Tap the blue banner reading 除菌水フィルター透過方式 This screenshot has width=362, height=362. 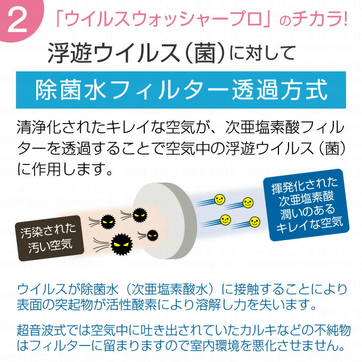181,90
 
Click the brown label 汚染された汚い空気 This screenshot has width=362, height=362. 49,238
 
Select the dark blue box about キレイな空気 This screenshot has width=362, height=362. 307,205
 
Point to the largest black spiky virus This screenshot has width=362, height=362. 122,244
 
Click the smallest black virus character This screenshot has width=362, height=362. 153,235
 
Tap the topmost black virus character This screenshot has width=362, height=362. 139,215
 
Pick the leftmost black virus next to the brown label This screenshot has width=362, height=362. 108,222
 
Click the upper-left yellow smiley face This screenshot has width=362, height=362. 219,200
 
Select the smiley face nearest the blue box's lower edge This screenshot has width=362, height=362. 254,222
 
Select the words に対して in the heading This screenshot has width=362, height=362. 262,54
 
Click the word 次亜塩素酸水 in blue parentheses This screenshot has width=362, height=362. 170,290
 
